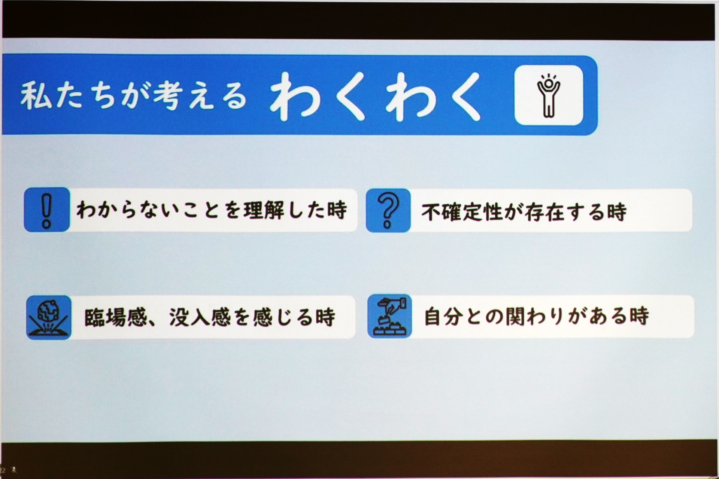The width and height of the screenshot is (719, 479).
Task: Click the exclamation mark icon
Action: pyautogui.click(x=46, y=210)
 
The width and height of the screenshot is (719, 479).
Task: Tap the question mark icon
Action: pyautogui.click(x=388, y=210)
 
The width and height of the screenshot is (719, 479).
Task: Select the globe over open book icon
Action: pyautogui.click(x=49, y=317)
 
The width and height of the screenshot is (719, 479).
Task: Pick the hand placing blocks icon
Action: pyautogui.click(x=389, y=316)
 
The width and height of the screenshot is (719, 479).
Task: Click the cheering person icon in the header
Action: pyautogui.click(x=548, y=95)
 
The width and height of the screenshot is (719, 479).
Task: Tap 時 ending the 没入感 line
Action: pyautogui.click(x=325, y=318)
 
